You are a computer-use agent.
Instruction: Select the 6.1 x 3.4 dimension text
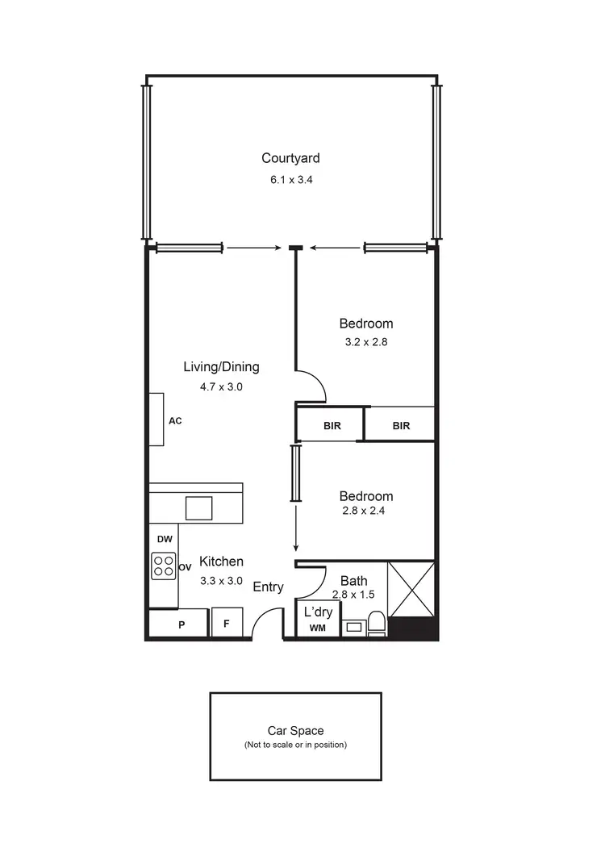pos(291,180)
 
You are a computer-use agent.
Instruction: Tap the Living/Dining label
pos(221,367)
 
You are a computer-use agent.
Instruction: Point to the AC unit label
pos(175,420)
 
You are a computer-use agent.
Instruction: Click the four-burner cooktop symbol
pos(164,566)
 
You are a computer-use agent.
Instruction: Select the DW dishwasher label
pos(164,538)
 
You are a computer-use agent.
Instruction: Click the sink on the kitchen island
pos(199,508)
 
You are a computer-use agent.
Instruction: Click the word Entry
pos(268,587)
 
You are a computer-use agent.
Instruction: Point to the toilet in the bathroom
pos(376,623)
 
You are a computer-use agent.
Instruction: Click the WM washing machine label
pos(317,628)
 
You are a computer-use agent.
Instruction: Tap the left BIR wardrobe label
pos(331,426)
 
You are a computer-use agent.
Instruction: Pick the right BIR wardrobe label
pos(401,426)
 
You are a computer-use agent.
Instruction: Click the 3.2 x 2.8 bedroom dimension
pos(366,341)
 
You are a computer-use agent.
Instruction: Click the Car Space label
pos(295,731)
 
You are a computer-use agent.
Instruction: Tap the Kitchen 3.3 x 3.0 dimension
pos(221,580)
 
